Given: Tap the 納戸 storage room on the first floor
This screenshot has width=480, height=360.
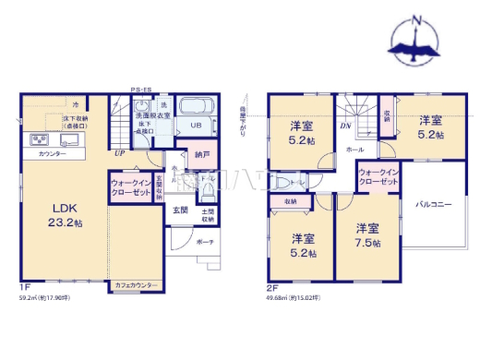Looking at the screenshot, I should pyautogui.click(x=202, y=156).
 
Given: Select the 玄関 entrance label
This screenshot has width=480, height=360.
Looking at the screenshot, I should pyautogui.click(x=181, y=210).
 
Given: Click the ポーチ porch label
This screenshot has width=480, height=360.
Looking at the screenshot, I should pyautogui.click(x=207, y=241).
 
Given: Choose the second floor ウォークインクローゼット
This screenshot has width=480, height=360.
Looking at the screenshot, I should pyautogui.click(x=378, y=177).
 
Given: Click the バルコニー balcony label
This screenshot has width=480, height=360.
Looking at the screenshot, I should pyautogui.click(x=433, y=204).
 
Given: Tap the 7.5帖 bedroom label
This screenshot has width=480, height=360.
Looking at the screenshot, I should pyautogui.click(x=367, y=235).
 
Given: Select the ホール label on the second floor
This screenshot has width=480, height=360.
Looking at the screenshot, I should pyautogui.click(x=354, y=148).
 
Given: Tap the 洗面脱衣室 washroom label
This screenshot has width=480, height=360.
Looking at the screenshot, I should pyautogui.click(x=151, y=99).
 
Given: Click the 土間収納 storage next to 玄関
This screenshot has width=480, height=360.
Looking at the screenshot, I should pyautogui.click(x=209, y=216).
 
